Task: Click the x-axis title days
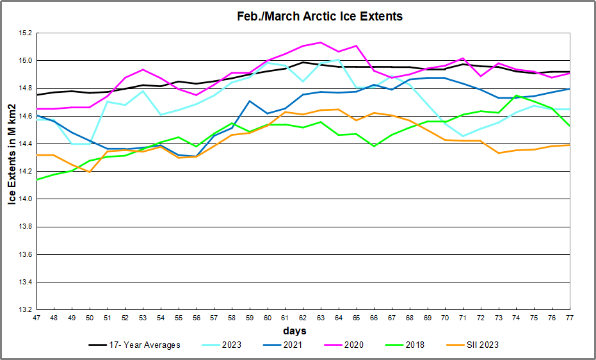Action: click(295, 331)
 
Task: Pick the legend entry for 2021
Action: click(294, 345)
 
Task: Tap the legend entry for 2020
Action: click(353, 345)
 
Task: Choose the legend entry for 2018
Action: click(414, 345)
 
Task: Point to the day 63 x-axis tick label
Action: click(320, 319)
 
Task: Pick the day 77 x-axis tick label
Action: click(569, 319)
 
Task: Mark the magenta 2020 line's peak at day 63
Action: click(320, 42)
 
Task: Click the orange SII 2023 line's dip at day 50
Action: click(90, 172)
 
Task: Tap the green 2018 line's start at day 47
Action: click(36, 179)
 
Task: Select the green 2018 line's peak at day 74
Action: click(516, 95)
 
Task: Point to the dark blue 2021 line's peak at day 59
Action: click(249, 101)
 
